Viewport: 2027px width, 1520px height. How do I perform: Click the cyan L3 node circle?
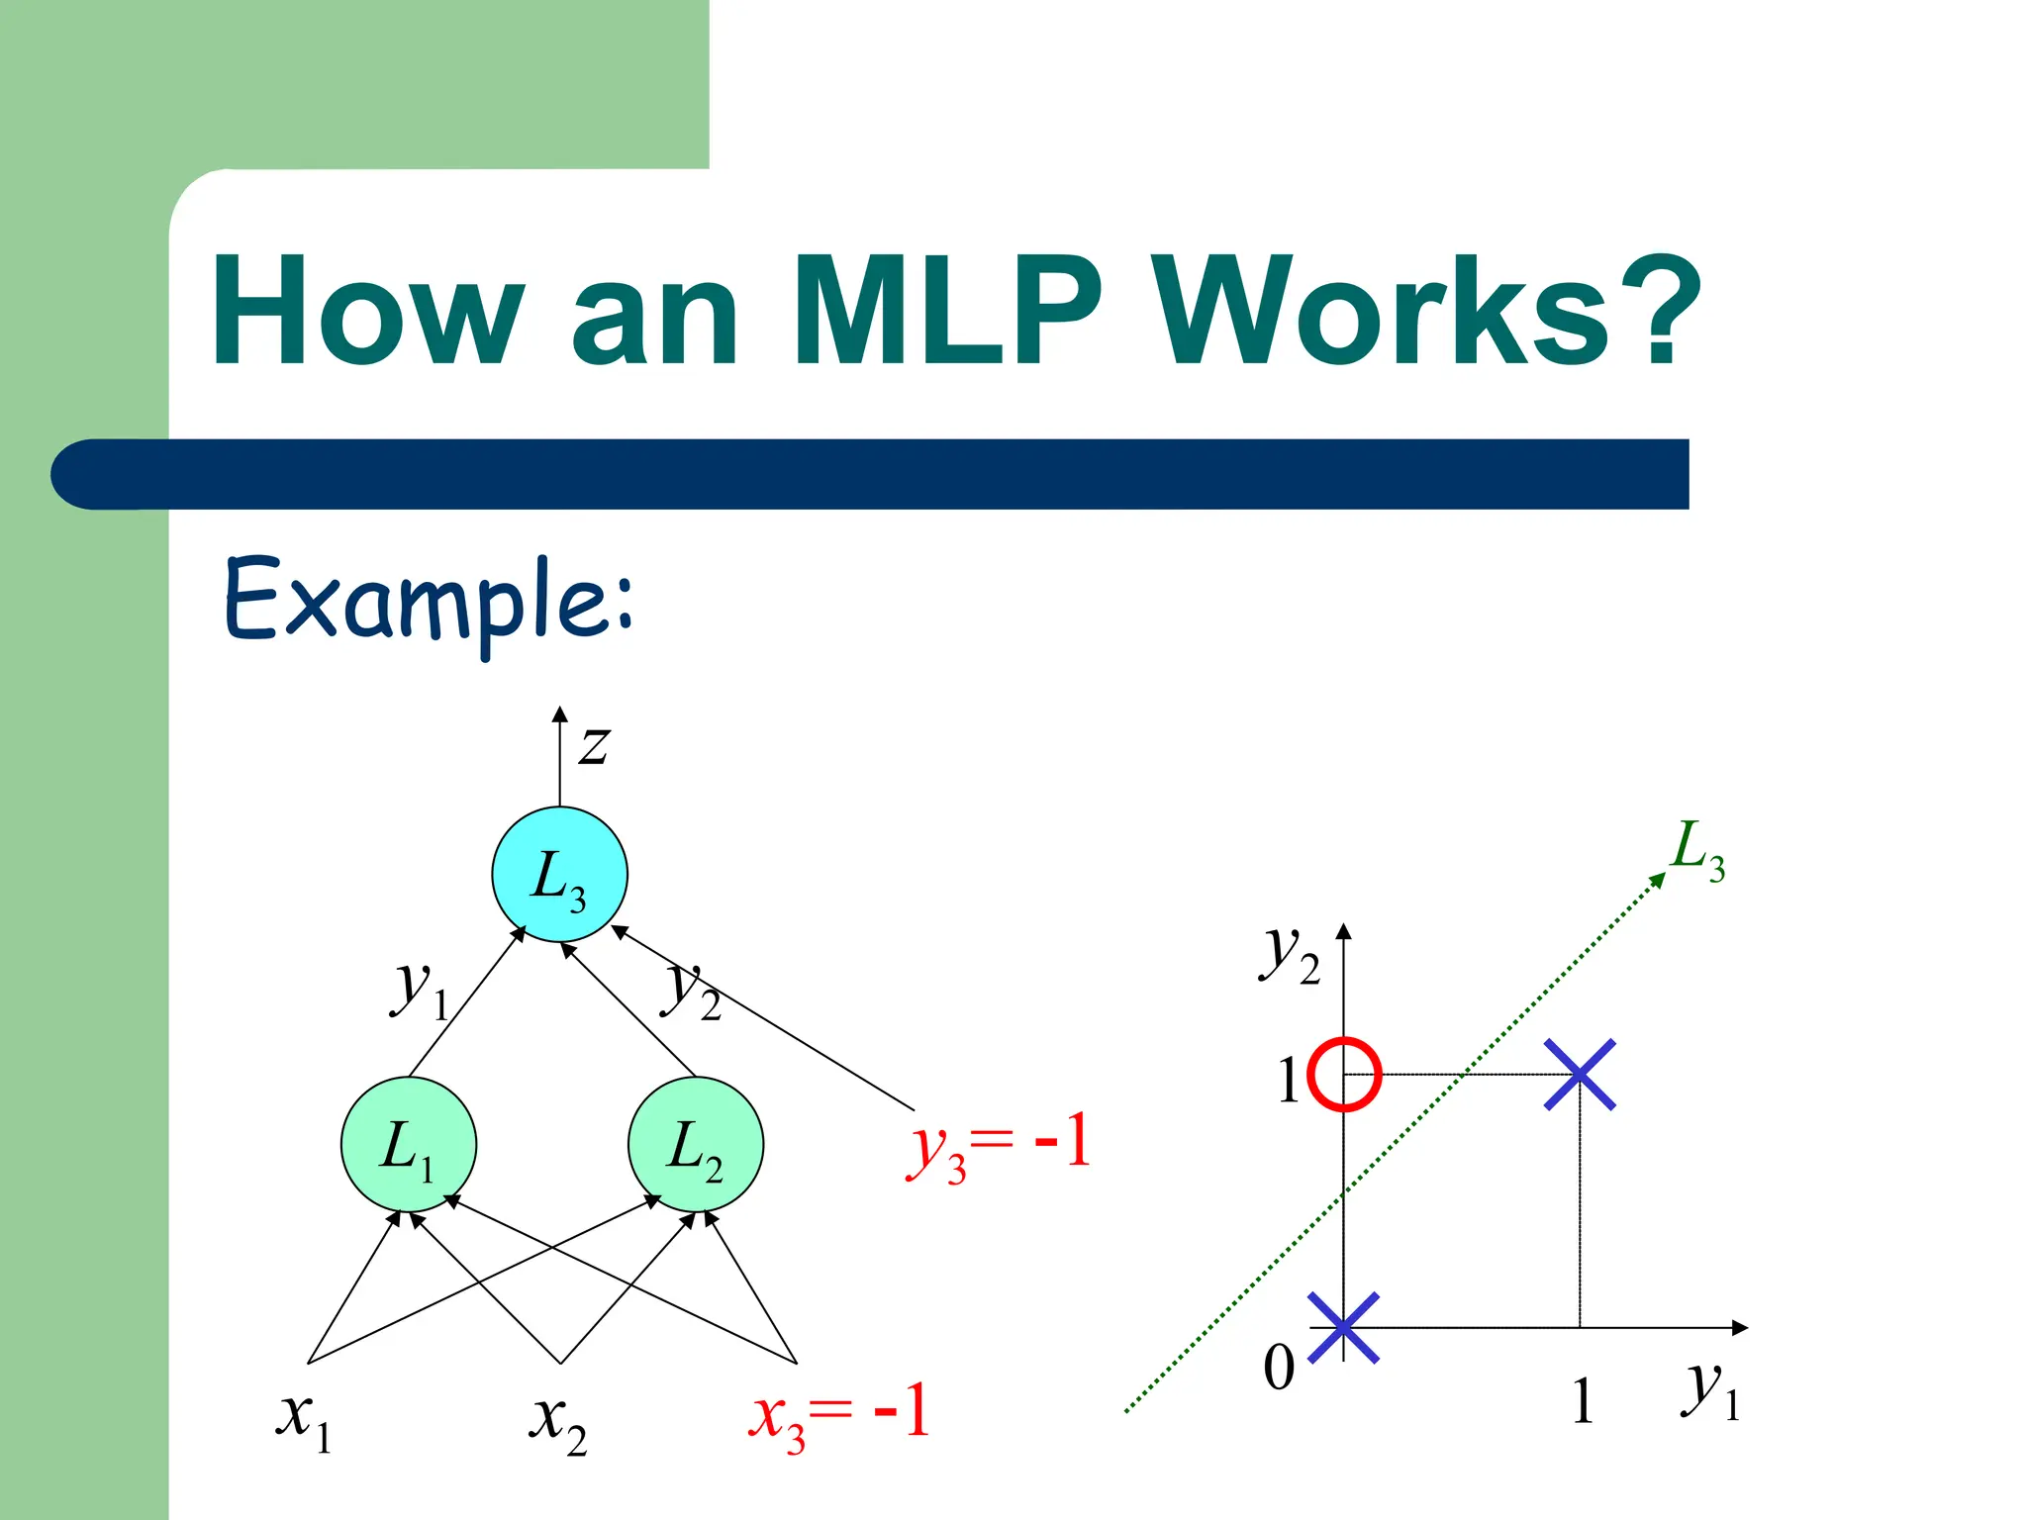pos(559,874)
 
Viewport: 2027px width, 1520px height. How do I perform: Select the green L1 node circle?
pos(408,1144)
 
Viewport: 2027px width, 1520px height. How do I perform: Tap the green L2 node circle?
pos(696,1144)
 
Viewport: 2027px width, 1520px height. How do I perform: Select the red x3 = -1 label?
pos(838,1415)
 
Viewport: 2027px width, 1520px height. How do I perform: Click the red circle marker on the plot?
pos(1343,1075)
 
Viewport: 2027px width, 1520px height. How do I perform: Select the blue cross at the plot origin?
pos(1343,1327)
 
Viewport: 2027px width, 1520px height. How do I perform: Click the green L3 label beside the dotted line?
pos(1698,849)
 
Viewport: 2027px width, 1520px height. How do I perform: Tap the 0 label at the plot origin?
pos(1279,1369)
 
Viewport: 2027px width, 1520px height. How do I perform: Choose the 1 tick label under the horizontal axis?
pos(1583,1401)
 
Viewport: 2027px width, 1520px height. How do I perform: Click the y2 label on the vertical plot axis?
pos(1290,955)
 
